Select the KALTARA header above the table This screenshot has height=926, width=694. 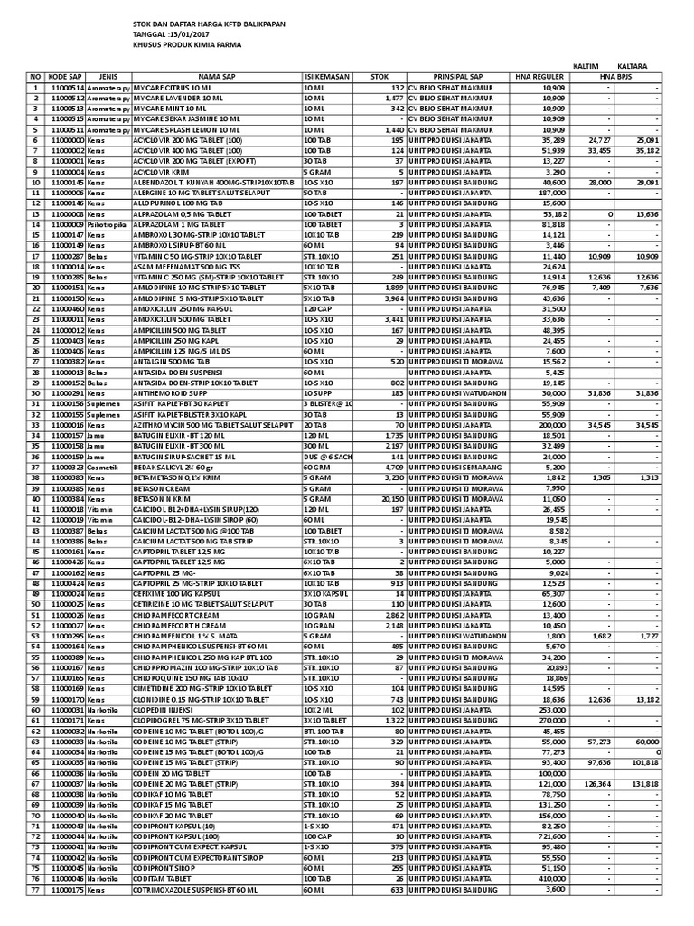coord(633,66)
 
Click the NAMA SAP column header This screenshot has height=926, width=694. coord(216,77)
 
